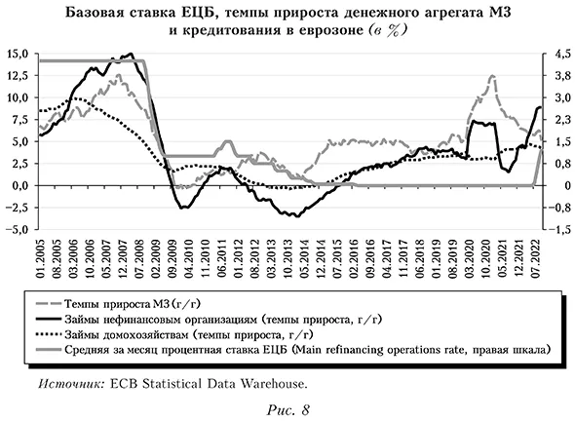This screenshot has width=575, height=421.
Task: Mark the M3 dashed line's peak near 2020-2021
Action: [492, 76]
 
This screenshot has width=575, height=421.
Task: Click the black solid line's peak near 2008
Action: [132, 55]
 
